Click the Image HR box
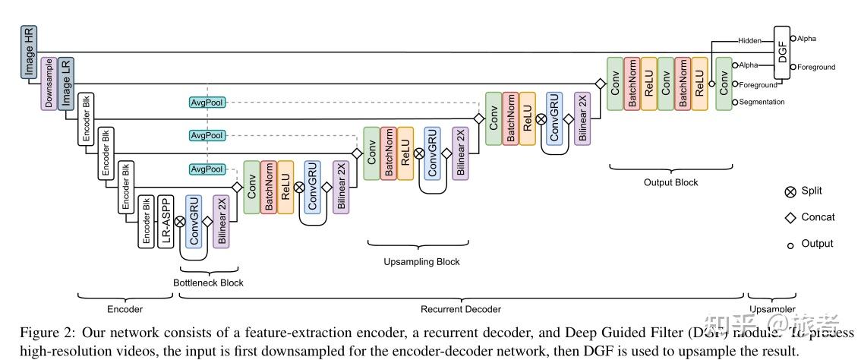[x=30, y=52]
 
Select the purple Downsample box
[x=47, y=84]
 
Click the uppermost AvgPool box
[x=207, y=102]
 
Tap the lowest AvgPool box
[x=207, y=169]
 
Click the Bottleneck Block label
[x=209, y=283]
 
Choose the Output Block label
[x=670, y=182]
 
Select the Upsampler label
[x=773, y=309]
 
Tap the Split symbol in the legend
[x=790, y=192]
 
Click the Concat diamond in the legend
[x=790, y=218]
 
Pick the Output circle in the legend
[x=790, y=245]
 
